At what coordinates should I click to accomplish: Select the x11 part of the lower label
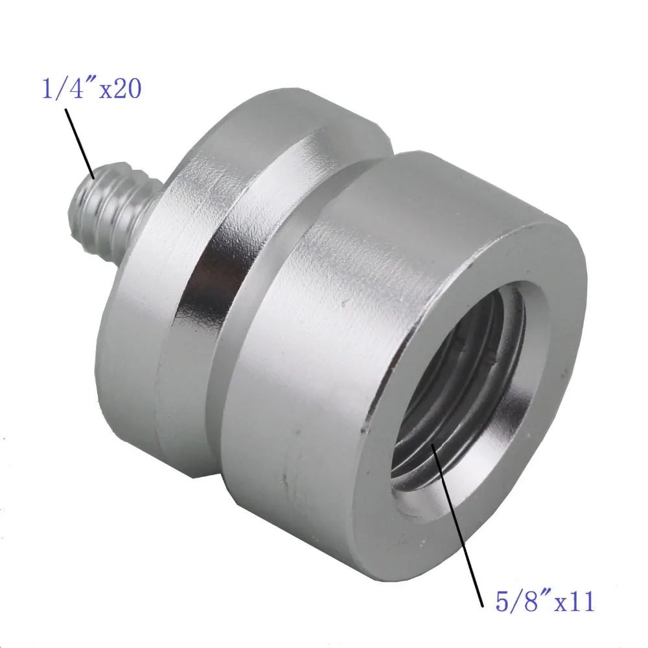pyautogui.click(x=571, y=602)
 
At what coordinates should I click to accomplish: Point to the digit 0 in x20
pyautogui.click(x=132, y=89)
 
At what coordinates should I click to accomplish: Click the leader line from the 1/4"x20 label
pyautogui.click(x=80, y=139)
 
